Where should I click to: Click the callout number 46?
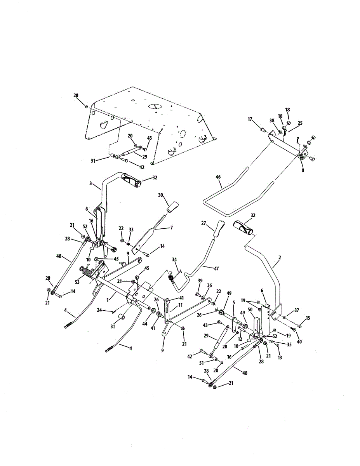(x=218, y=177)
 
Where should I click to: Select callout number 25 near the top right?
(x=300, y=123)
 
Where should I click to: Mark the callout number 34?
(x=174, y=259)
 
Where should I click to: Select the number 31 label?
(x=113, y=327)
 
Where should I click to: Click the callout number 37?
(x=297, y=310)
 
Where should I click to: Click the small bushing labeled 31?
(x=120, y=317)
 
